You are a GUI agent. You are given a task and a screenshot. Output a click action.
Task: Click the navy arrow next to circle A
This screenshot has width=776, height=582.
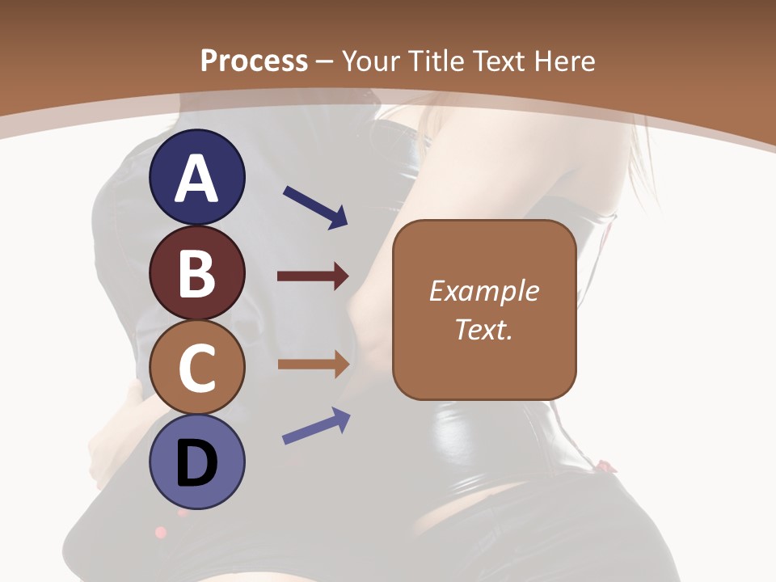coord(315,207)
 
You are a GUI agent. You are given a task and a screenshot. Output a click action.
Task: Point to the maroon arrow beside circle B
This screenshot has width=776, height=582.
coord(313,276)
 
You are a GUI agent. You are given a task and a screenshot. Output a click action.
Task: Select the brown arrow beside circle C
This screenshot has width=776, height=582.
coord(313,364)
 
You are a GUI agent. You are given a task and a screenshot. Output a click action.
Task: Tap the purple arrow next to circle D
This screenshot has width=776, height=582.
coord(316,426)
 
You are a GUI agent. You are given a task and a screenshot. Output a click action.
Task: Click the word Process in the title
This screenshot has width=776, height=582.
coord(254,61)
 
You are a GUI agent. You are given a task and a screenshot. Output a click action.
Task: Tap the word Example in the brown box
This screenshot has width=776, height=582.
coord(484,291)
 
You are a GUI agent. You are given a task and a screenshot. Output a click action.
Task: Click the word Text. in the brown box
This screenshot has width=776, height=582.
coord(484,329)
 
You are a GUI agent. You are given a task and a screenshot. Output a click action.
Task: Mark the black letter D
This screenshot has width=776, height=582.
coord(196,465)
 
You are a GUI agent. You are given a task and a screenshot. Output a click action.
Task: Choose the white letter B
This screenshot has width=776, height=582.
coord(196,273)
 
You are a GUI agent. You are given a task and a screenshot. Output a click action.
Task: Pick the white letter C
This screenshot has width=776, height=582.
coord(196,369)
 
